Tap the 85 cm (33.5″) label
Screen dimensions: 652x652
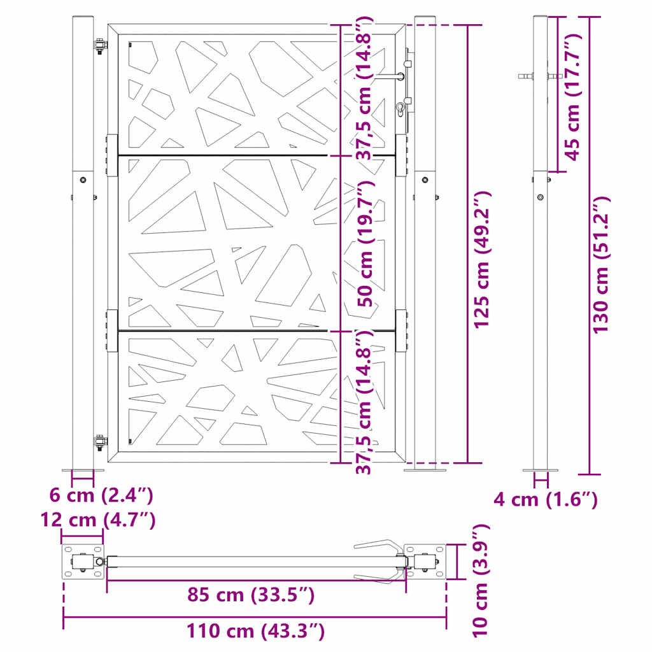point(251,595)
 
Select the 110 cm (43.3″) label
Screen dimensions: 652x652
point(255,632)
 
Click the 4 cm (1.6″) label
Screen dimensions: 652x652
point(546,499)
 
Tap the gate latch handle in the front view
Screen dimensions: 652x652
point(390,76)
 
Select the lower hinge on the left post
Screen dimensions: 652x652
point(99,441)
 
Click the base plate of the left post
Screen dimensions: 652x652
point(82,471)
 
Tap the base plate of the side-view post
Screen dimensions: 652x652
point(540,471)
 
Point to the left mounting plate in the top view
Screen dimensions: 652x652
point(83,562)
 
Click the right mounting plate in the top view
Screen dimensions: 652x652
point(425,562)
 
